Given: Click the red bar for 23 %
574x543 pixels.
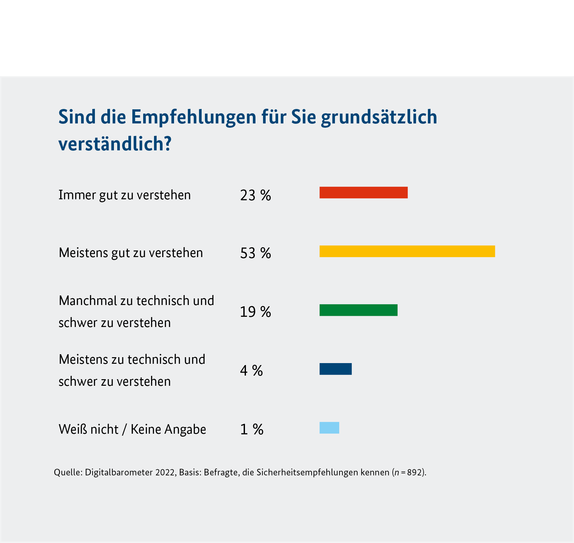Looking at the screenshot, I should click(x=364, y=192).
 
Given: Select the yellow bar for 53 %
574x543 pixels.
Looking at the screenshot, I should click(x=407, y=251).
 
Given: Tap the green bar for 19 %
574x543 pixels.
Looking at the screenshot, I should click(x=358, y=310).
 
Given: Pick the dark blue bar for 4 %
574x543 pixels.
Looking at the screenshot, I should click(x=336, y=369).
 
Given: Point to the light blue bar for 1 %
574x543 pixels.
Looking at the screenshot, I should click(x=329, y=428).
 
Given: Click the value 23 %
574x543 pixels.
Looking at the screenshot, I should click(x=255, y=195).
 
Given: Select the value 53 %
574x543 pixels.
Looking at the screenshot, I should click(x=255, y=253).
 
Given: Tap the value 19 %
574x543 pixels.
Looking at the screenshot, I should click(x=255, y=312).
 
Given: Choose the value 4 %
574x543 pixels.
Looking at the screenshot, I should click(x=252, y=371).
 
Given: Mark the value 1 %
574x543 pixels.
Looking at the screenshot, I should click(x=252, y=429).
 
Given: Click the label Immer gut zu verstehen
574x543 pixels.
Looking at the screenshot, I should click(x=124, y=195).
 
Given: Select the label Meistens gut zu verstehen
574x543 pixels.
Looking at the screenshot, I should click(x=131, y=253).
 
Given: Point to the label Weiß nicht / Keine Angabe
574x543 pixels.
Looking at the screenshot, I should click(x=132, y=429).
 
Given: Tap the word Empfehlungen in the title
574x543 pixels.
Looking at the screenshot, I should click(x=194, y=117).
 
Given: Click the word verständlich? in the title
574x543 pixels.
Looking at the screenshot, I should click(x=115, y=144).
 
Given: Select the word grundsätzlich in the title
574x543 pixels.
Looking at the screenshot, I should click(x=379, y=117).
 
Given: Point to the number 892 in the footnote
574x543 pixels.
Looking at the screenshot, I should click(x=414, y=472).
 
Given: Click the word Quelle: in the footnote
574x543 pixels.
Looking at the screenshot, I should click(x=68, y=472).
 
